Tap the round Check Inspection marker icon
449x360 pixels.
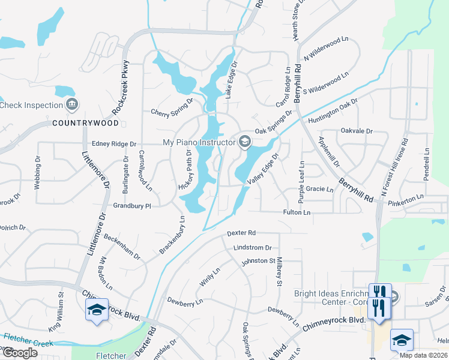(x=73, y=105)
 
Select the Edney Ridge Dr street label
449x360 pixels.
(x=115, y=144)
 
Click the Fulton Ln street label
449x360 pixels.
(x=297, y=212)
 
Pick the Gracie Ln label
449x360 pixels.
(x=319, y=189)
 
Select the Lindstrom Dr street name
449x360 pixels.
(x=253, y=247)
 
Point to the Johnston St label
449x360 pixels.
(x=258, y=262)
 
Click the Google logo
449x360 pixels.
(x=20, y=353)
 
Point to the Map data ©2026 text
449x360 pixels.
(x=423, y=355)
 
